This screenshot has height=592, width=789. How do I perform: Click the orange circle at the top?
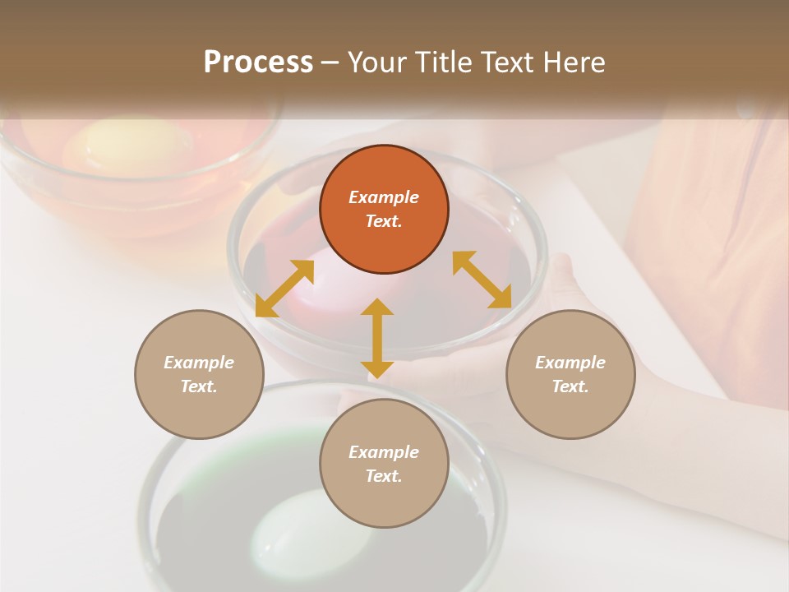pos(384,210)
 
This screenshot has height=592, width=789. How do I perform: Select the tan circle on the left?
pos(199,374)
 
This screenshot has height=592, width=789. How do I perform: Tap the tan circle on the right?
pos(570,374)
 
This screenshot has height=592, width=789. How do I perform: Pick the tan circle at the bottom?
pos(384,463)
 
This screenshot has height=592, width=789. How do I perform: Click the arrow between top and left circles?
pos(284,288)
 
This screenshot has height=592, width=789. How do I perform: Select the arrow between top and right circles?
pos(482,280)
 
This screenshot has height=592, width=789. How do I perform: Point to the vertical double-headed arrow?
pos(377,337)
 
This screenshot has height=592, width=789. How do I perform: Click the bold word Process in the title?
pos(258,62)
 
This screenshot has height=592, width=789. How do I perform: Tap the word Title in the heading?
pos(440,62)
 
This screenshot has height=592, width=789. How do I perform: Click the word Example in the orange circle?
pos(384,197)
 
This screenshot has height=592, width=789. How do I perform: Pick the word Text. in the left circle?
pos(199,386)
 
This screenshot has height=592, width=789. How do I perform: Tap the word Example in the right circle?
pos(570,362)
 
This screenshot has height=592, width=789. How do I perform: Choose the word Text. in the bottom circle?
pos(384,476)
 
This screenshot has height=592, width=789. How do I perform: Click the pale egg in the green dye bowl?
pos(288,530)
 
